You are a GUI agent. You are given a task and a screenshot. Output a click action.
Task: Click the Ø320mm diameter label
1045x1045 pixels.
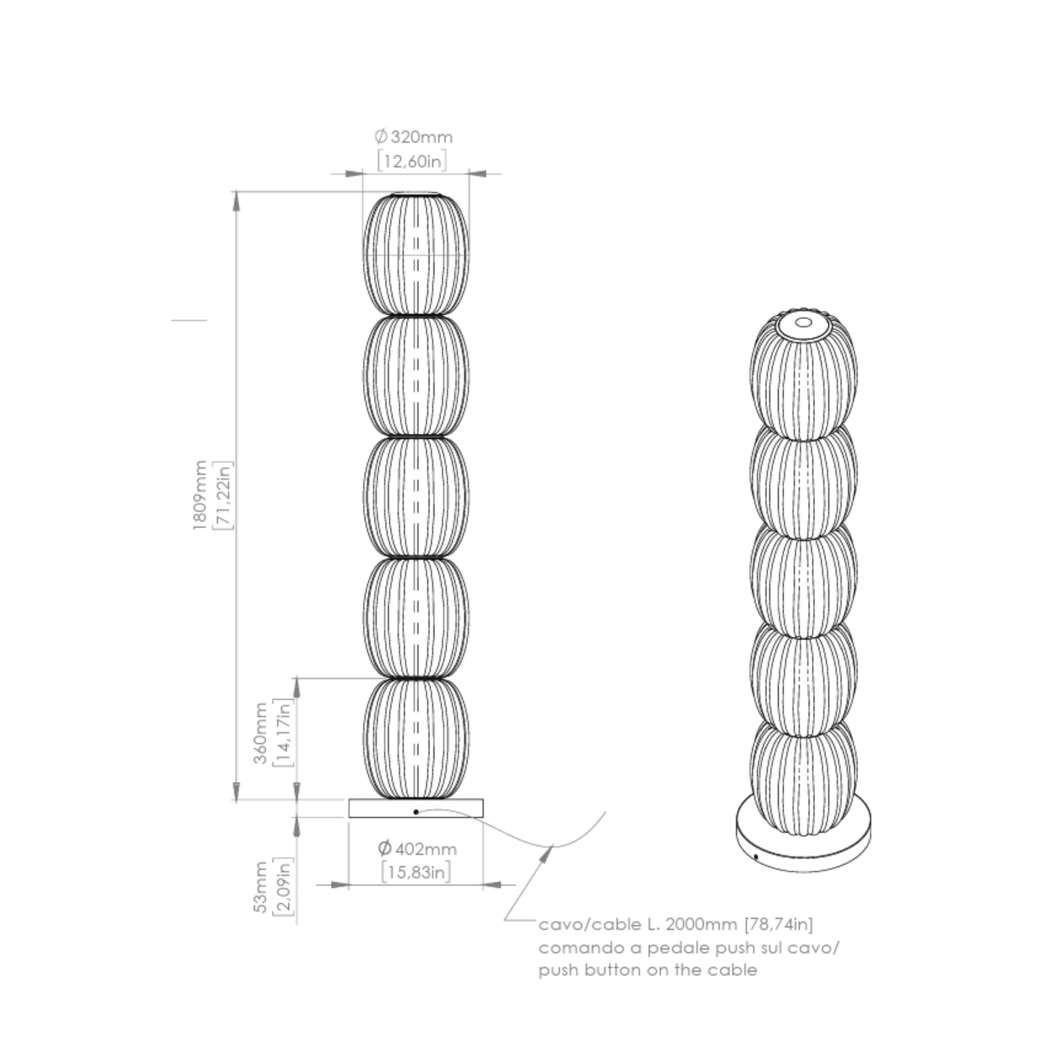pyautogui.click(x=414, y=137)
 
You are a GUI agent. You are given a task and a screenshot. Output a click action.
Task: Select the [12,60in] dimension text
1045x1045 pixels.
pyautogui.click(x=412, y=161)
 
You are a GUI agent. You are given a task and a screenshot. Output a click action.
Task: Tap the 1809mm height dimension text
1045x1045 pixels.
pyautogui.click(x=200, y=495)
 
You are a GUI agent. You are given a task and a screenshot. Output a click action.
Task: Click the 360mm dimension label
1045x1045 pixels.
pyautogui.click(x=260, y=733)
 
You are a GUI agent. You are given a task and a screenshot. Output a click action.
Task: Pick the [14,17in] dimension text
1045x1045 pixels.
pyautogui.click(x=284, y=733)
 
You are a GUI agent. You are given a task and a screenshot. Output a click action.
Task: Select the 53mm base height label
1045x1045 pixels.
pyautogui.click(x=260, y=887)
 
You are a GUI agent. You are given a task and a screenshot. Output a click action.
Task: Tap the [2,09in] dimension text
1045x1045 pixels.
pyautogui.click(x=284, y=887)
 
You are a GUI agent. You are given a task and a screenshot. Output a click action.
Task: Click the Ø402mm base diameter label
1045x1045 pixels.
pyautogui.click(x=417, y=848)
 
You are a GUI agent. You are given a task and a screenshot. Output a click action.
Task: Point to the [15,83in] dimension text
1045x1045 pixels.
pyautogui.click(x=416, y=872)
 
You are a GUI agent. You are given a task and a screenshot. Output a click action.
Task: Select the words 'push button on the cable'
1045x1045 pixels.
pyautogui.click(x=647, y=970)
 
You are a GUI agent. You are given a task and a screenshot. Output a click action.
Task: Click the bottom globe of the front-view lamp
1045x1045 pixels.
pyautogui.click(x=416, y=738)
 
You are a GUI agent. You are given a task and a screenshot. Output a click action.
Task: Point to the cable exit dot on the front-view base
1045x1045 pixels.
pyautogui.click(x=416, y=812)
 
